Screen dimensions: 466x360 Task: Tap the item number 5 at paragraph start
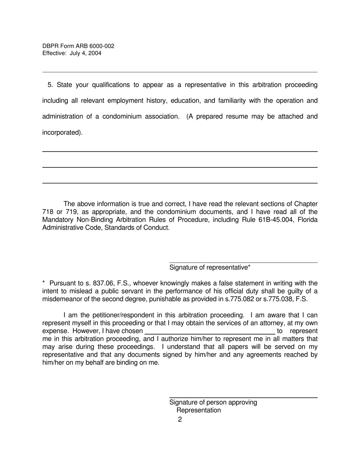pyautogui.click(x=50, y=85)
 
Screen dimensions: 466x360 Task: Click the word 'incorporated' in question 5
pyautogui.click(x=61, y=133)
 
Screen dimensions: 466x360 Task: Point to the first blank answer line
pyautogui.click(x=180, y=152)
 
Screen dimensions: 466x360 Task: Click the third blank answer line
pyautogui.click(x=180, y=183)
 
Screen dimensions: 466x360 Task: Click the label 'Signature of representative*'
pyautogui.click(x=210, y=267)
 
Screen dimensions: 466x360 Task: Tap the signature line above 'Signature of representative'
pyautogui.click(x=243, y=262)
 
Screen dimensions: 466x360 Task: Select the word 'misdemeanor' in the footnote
pyautogui.click(x=61, y=299)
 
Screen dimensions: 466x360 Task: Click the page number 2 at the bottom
pyautogui.click(x=180, y=419)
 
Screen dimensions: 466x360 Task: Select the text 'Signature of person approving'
pyautogui.click(x=213, y=402)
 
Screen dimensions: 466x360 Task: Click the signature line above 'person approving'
pyautogui.click(x=243, y=397)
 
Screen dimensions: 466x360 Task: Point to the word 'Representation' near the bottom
pyautogui.click(x=199, y=410)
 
